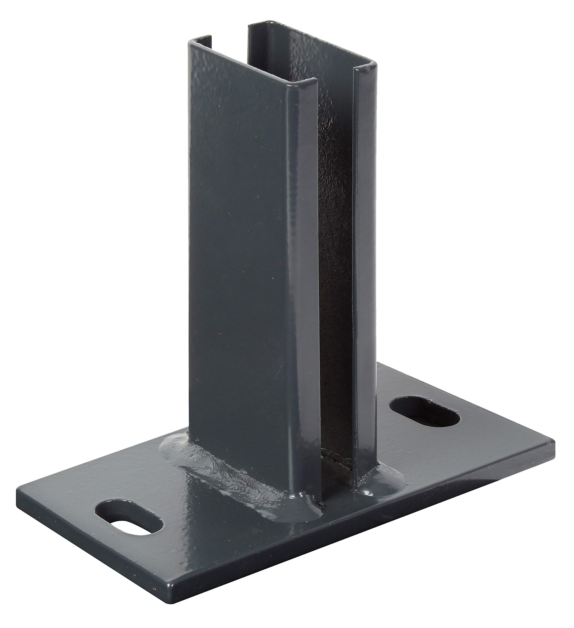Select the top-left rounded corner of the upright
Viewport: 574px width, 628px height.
click(x=191, y=44)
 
